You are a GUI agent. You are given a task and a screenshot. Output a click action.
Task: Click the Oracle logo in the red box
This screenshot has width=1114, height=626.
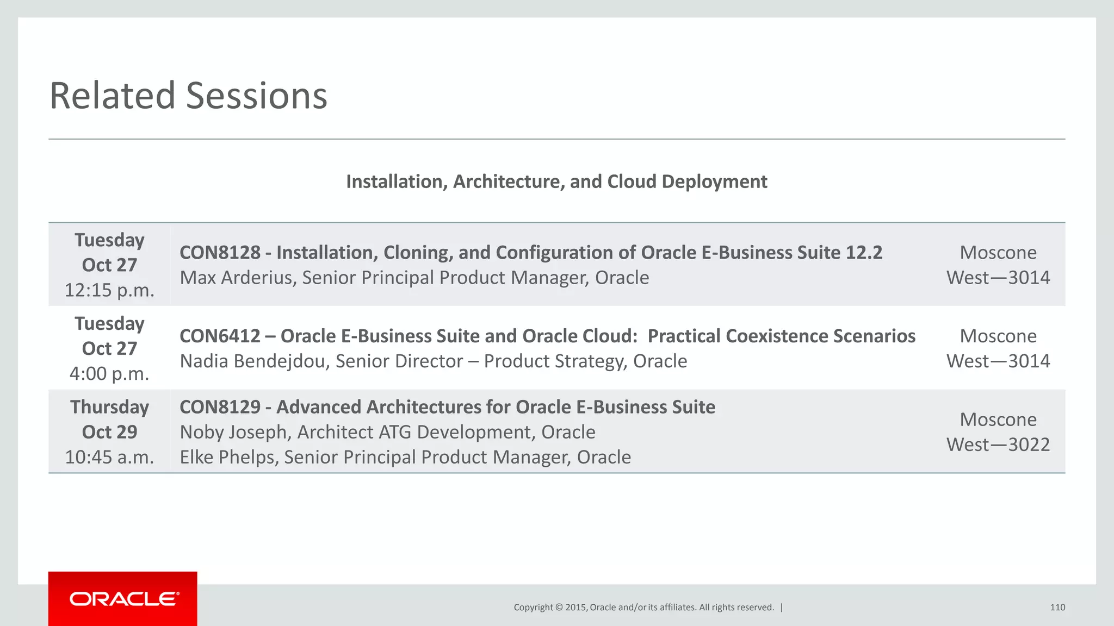point(124,599)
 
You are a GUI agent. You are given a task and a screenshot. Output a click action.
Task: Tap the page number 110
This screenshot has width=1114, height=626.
point(1057,608)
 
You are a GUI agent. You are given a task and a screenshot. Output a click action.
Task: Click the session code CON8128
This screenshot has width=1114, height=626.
point(220,253)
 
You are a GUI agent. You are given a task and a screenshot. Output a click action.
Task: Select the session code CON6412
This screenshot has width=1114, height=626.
point(220,336)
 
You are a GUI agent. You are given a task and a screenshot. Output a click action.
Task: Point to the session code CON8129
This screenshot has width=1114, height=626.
point(220,407)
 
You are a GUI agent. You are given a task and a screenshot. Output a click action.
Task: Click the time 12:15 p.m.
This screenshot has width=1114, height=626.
point(109,290)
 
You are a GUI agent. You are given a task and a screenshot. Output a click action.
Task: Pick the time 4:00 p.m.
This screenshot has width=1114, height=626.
point(109,374)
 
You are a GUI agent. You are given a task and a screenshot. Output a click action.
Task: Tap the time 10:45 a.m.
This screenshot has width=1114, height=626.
point(109,457)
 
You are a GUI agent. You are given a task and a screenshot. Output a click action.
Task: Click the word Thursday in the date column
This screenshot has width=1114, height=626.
point(109,407)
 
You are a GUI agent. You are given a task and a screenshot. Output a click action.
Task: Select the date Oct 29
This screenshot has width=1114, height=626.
point(109,432)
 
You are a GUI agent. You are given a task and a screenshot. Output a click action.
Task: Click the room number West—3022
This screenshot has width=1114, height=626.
point(998,445)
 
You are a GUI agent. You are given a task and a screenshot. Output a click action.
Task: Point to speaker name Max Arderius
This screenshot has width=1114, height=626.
point(237,278)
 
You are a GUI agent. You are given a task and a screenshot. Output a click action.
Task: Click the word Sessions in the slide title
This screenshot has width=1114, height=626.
point(256,96)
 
